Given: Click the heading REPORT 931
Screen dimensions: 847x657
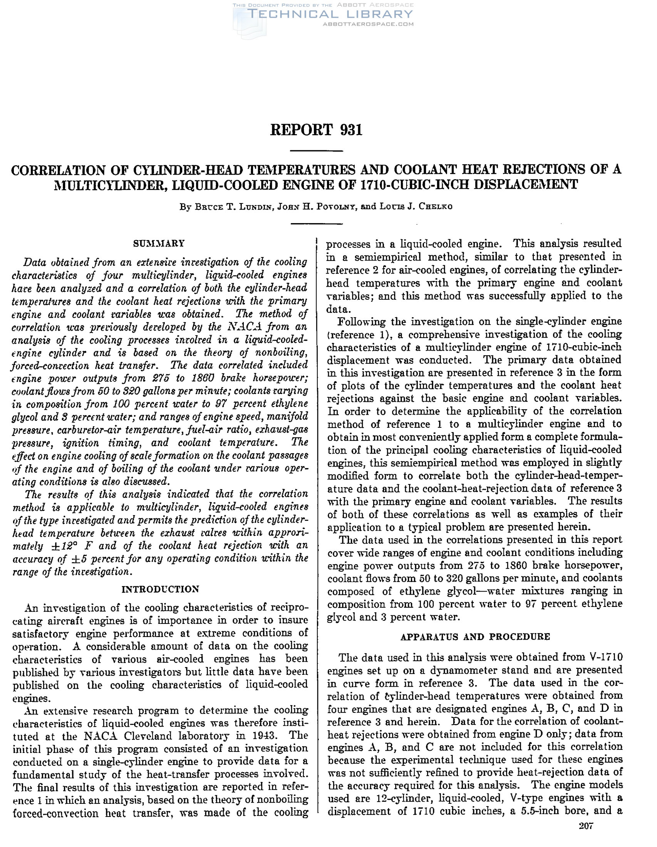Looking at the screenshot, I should [316, 130].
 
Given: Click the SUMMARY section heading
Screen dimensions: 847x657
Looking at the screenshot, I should [159, 244].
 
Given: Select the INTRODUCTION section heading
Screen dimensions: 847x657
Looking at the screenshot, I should [160, 589].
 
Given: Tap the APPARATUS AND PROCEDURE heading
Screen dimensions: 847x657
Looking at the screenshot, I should [475, 637].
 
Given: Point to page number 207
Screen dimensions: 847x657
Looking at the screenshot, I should [586, 837].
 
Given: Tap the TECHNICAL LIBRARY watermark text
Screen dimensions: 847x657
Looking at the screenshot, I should [330, 14].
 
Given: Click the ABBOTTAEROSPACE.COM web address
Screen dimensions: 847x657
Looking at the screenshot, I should [368, 24].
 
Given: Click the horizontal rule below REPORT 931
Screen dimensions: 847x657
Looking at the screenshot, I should [316, 150].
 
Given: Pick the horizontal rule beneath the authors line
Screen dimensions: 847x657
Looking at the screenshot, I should [316, 224].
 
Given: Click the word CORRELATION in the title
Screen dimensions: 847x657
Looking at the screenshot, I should [58, 170].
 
